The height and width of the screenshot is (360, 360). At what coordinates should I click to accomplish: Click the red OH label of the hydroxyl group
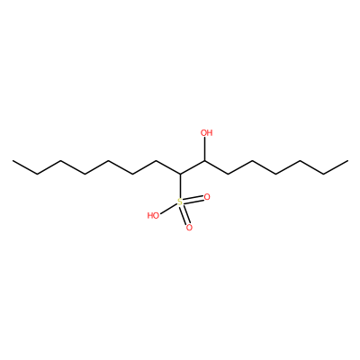tap(206, 132)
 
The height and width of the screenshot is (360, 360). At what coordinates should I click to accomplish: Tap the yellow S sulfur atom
tap(180, 202)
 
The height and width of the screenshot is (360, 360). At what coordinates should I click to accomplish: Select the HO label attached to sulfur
tap(153, 215)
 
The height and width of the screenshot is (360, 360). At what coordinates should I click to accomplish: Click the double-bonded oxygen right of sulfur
tap(207, 197)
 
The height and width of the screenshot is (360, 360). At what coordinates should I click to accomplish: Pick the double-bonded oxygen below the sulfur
tap(189, 228)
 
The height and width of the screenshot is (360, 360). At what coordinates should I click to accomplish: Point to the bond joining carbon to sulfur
tap(180, 186)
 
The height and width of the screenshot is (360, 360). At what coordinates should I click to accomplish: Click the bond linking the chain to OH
tap(205, 149)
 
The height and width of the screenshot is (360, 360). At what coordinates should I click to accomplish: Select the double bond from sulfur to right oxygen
tap(193, 200)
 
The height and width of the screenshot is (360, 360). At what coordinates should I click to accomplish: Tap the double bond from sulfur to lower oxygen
tap(184, 215)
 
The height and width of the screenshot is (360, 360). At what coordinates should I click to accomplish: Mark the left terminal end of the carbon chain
tap(13, 161)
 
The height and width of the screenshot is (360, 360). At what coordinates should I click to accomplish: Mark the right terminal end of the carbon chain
tap(347, 161)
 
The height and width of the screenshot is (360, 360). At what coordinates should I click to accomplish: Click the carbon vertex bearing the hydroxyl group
tap(205, 161)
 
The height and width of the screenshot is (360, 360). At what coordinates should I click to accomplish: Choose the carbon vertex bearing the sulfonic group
tap(180, 175)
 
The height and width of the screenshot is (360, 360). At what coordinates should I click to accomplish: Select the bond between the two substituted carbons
tap(193, 167)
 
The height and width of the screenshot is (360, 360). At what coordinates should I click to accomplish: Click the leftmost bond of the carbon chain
tap(24, 167)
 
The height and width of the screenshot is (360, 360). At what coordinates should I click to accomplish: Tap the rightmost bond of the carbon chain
tap(336, 167)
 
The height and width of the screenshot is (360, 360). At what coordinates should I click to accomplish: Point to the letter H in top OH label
tap(210, 132)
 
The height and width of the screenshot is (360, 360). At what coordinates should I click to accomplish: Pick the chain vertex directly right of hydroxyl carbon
tap(228, 175)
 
